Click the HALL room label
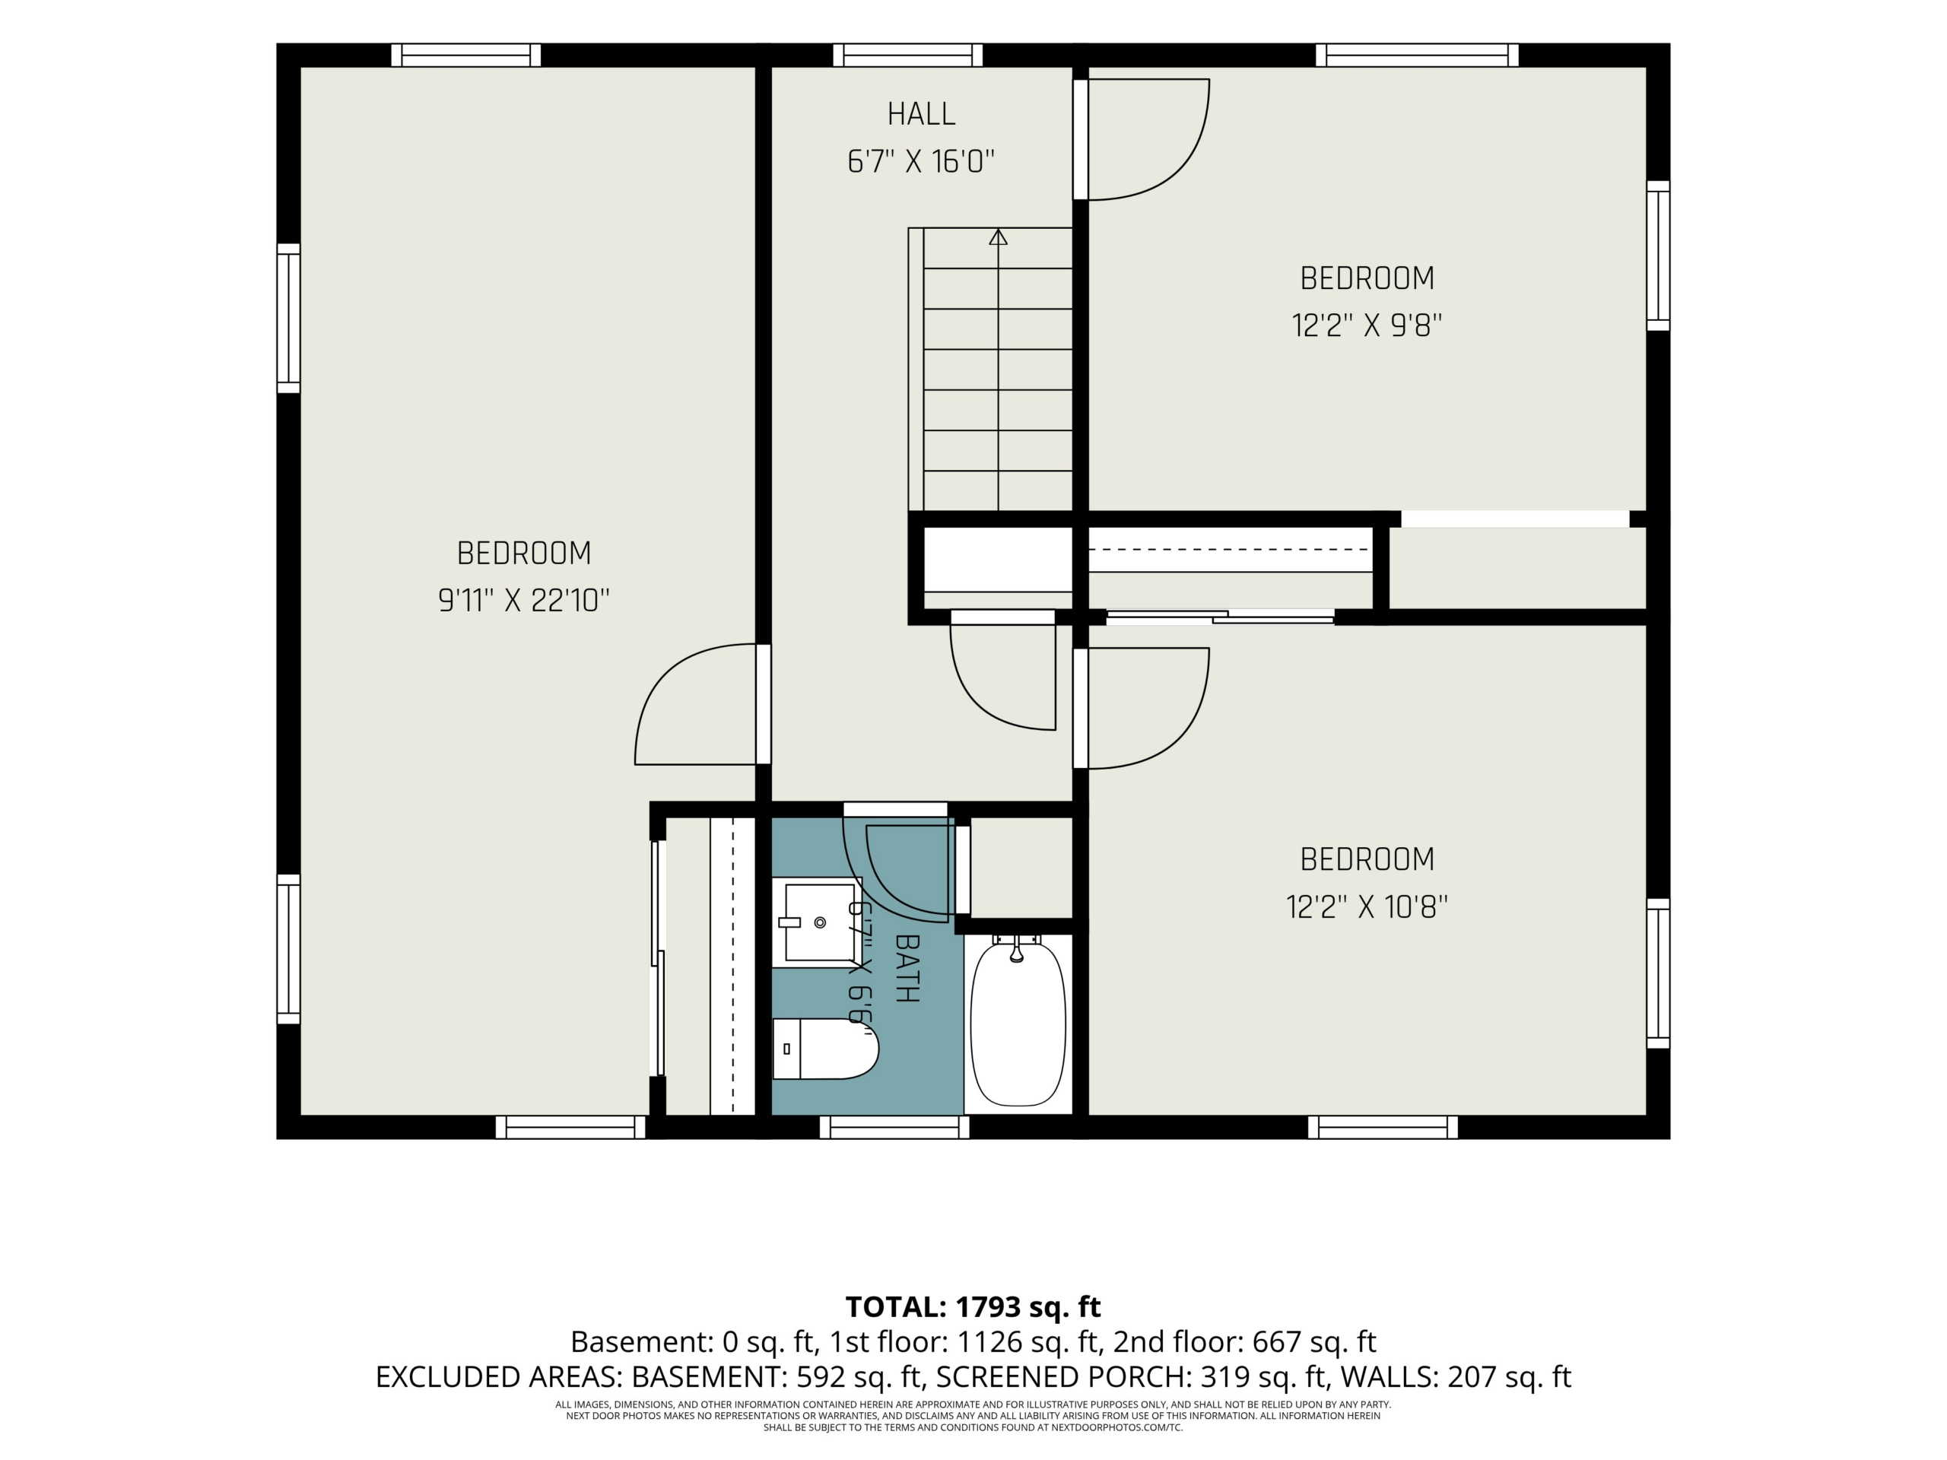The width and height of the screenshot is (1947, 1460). pos(921,114)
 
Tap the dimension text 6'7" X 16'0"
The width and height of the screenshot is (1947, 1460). pos(921,162)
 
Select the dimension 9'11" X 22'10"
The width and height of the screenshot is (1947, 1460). pos(524,601)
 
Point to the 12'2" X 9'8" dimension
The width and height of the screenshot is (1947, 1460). pos(1367,325)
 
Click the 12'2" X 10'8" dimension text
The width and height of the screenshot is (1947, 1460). pos(1367,906)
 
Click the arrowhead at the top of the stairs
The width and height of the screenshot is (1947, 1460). pos(998,236)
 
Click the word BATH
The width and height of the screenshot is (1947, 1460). pos(907,968)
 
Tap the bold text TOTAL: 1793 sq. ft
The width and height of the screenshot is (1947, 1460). pos(973,1307)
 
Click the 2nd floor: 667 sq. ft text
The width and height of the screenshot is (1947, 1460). pos(1244,1341)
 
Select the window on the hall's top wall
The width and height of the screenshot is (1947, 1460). pos(907,55)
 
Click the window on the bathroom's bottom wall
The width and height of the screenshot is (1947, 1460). pos(894,1128)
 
